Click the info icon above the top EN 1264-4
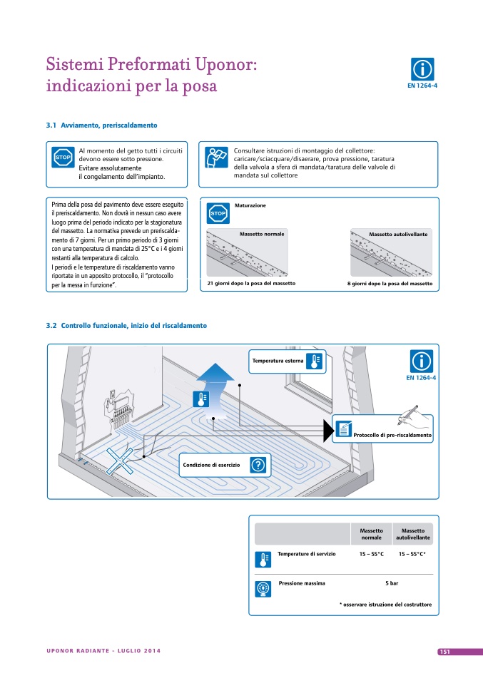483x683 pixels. tap(422, 69)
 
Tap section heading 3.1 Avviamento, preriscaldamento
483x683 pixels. tap(101, 125)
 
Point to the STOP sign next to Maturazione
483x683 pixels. tap(218, 213)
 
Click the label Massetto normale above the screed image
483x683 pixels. tap(262, 234)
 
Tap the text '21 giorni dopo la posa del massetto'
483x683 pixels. tap(251, 283)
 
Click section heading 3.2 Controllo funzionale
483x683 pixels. tap(126, 325)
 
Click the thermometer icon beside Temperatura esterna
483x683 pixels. tap(314, 361)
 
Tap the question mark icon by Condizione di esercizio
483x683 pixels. tap(260, 465)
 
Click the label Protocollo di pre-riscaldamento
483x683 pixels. tap(392, 435)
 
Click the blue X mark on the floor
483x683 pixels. tap(123, 461)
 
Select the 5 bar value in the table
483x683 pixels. tap(392, 583)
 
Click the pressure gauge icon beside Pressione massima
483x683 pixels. tap(263, 588)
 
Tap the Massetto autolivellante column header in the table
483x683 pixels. tap(413, 533)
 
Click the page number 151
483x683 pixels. tap(443, 652)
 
